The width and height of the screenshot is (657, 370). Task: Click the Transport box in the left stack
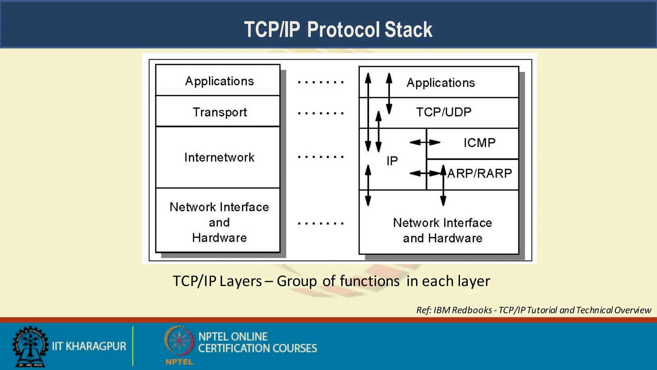pos(219,112)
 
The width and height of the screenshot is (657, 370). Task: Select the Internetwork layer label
pos(219,157)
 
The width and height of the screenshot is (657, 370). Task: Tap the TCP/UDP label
pos(444,112)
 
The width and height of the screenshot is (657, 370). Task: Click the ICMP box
pos(479,143)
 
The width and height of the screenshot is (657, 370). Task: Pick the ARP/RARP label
pos(480,173)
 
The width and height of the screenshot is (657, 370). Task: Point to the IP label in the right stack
pos(392,161)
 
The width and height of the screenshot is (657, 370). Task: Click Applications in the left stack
pos(219,81)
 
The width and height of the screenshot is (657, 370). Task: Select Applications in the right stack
pos(441,83)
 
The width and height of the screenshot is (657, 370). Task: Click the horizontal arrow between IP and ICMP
pos(425,142)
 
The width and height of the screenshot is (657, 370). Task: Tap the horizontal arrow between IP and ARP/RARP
pos(425,173)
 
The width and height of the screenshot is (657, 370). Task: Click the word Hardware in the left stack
pos(219,238)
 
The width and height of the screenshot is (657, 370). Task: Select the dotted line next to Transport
pos(320,113)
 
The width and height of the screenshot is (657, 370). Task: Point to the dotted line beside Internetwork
pos(320,157)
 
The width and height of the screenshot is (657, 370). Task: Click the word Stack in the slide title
pos(408,30)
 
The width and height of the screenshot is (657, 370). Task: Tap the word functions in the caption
pos(370,281)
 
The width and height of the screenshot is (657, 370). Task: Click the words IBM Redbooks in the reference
pos(463,310)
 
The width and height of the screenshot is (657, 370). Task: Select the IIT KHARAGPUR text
pos(89,346)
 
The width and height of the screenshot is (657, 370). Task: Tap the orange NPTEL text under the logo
pos(179,362)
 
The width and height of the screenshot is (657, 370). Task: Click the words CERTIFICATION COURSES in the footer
pos(257,348)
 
